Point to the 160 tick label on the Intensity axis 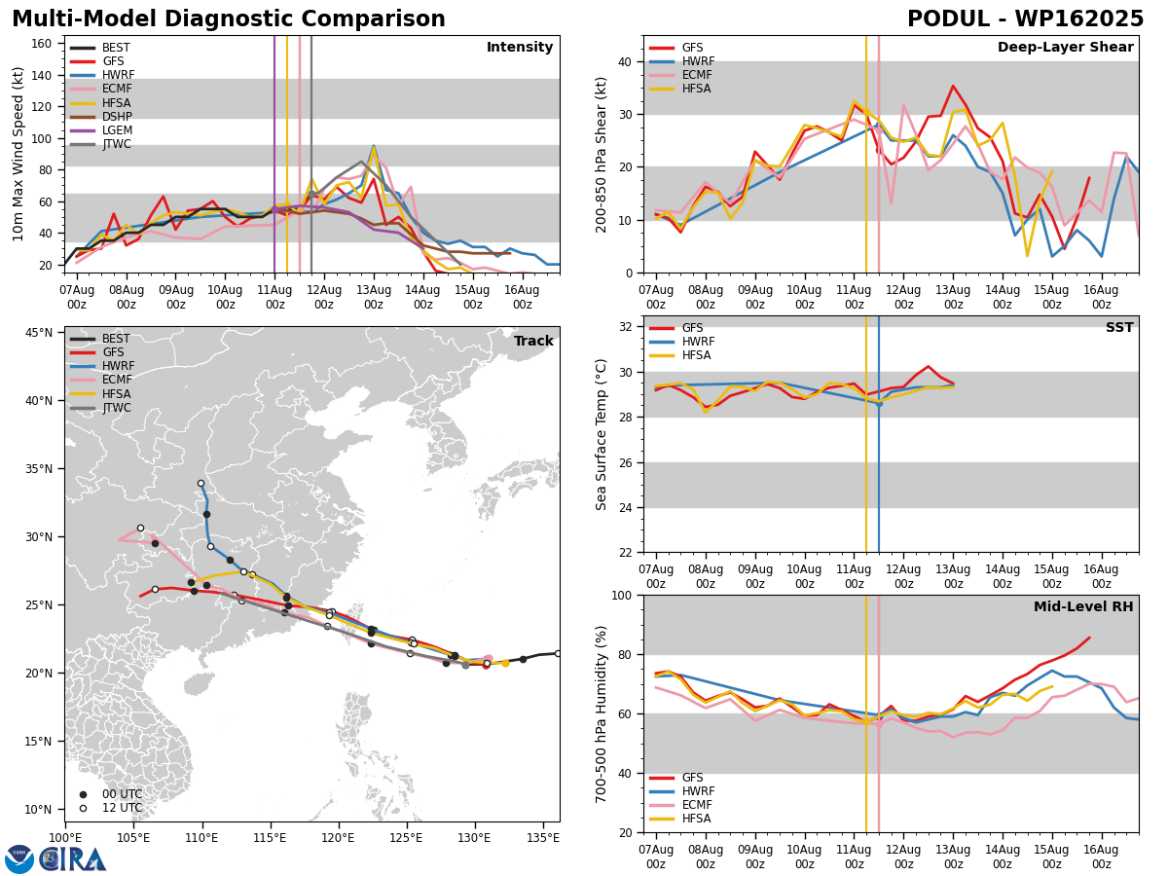pos(41,44)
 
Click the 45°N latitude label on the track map pos(39,333)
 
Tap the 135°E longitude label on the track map pos(543,838)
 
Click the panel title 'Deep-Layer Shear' pos(1065,48)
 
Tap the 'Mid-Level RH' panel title pos(1083,606)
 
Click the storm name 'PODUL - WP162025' pos(1025,18)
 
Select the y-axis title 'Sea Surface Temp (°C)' pos(601,434)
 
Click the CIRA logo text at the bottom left pos(73,859)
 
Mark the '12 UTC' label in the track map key pos(123,808)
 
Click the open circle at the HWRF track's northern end pos(201,484)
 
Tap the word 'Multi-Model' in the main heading pos(84,18)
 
